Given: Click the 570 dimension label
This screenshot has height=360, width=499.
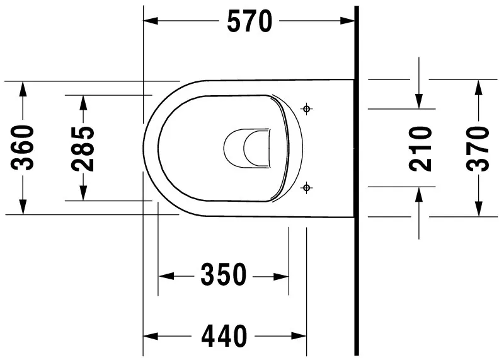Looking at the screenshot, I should coord(249,21).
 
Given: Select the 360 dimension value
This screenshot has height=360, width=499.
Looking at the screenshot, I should coord(24,148).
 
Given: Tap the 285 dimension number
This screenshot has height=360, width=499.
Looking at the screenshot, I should coord(83,149).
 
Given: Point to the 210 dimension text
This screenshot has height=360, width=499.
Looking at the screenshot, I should coord(420,148).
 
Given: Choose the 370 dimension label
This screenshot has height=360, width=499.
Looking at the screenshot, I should coord(478,148).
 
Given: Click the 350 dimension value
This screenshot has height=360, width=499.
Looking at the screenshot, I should coord(223,276).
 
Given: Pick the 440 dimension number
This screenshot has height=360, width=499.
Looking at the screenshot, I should coord(224,335).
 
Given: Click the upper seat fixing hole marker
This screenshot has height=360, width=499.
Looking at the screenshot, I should coord(307,109).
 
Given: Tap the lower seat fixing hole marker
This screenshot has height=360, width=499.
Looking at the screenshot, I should coord(307,187).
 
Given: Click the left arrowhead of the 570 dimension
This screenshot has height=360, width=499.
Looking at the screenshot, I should coord(151,21).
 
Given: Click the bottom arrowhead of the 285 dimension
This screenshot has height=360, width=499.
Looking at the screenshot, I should coord(83,193).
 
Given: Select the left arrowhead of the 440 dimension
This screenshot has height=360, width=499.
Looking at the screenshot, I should coord(151,335).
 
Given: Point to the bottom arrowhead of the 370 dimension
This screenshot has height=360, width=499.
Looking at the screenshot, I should coord(478,209).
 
